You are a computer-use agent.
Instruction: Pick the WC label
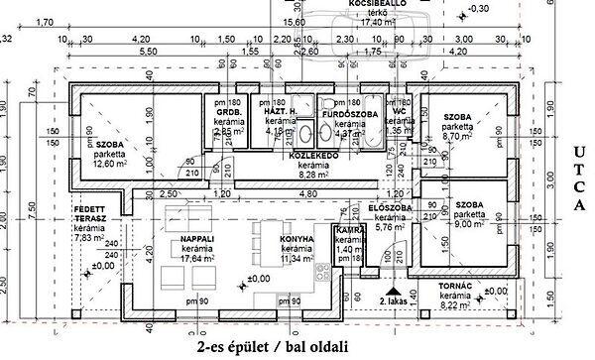click(399, 113)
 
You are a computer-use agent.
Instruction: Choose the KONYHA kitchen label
click(297, 239)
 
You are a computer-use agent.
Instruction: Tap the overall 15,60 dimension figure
click(295, 21)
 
